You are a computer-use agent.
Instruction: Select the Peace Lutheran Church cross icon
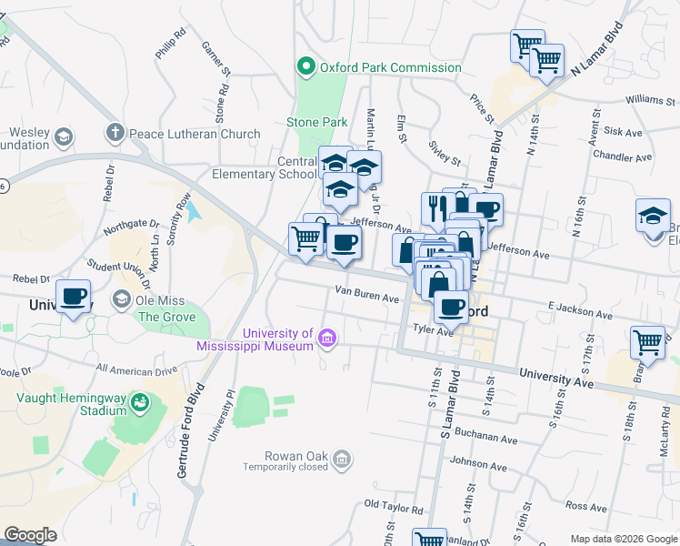tap(114, 134)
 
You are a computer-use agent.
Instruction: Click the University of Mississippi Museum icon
tap(327, 339)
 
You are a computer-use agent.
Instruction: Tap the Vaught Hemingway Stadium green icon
tap(139, 401)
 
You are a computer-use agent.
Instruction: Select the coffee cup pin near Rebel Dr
tap(73, 296)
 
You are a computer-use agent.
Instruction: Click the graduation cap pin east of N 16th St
tap(653, 217)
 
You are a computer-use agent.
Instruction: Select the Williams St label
tap(650, 100)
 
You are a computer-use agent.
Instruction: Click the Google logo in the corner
tap(30, 534)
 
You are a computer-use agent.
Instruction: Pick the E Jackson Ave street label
tap(580, 311)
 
